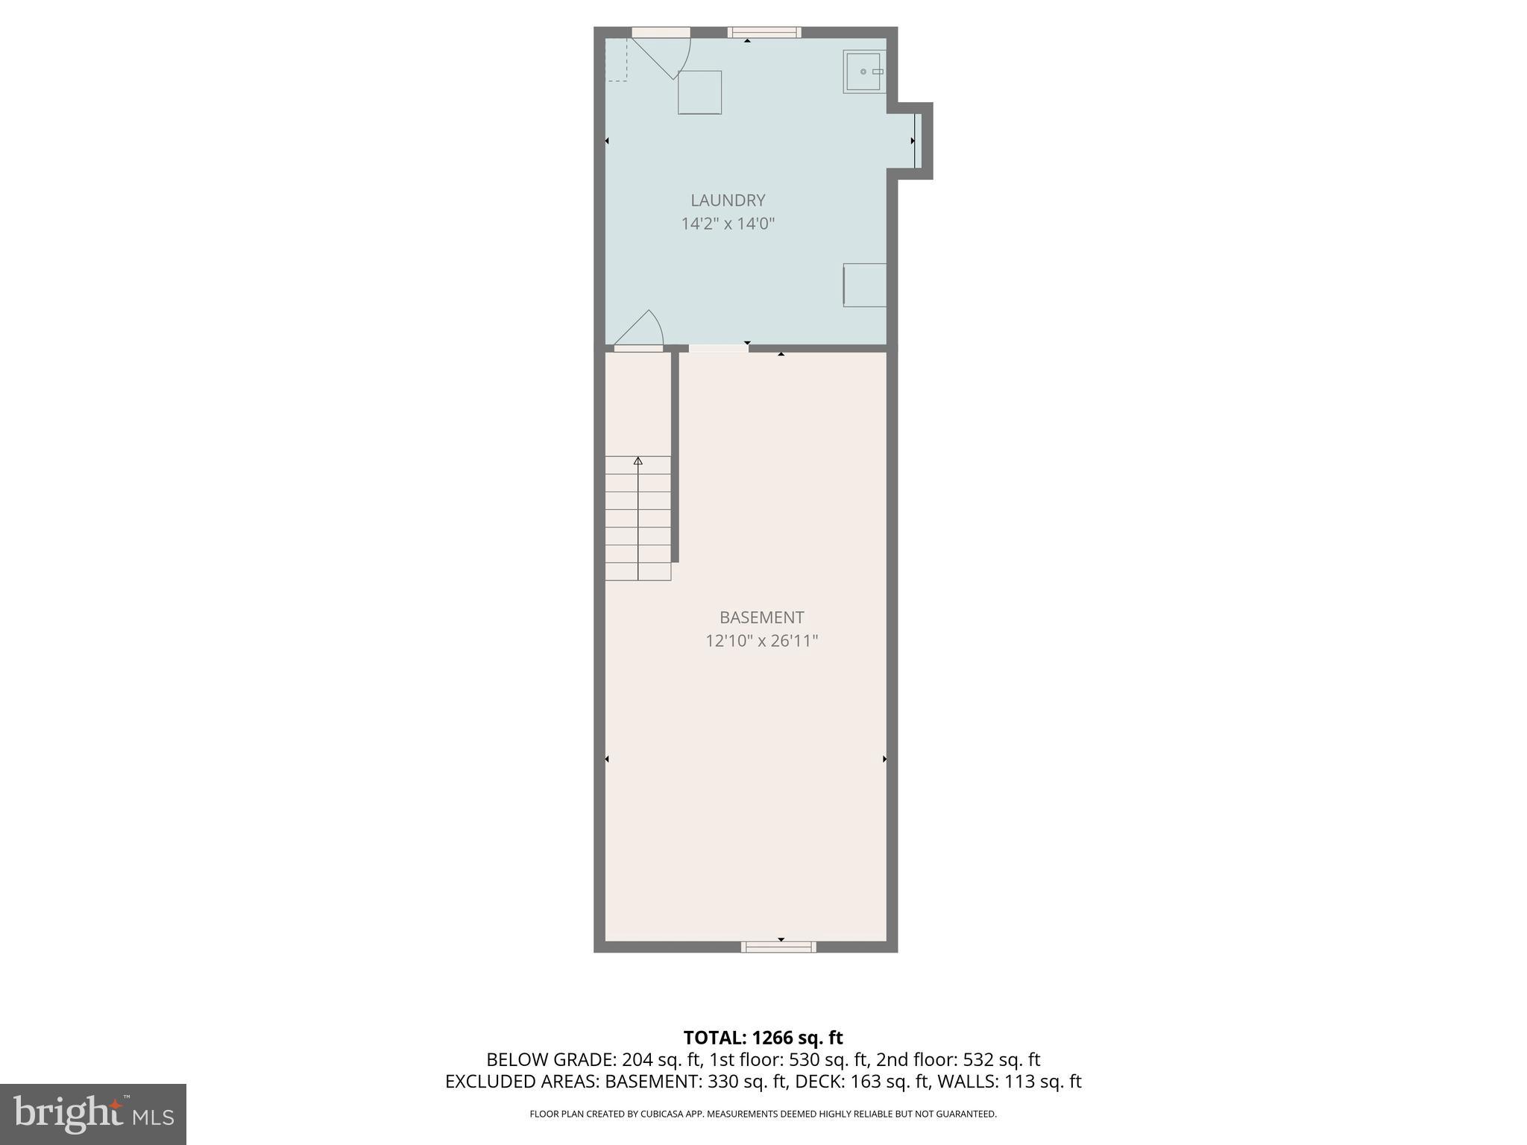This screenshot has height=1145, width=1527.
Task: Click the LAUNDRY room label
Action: pos(728,201)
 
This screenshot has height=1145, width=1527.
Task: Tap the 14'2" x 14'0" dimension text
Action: pos(728,224)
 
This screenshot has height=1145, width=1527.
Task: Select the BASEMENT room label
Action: pos(761,617)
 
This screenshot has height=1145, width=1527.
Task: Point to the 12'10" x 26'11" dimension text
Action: pos(761,641)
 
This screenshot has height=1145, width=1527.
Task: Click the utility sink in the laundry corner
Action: pos(863,72)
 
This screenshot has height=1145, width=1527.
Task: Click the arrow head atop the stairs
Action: pos(637,461)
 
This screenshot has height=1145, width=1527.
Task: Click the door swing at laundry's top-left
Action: pos(666,55)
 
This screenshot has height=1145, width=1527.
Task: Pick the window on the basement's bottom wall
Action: pos(778,947)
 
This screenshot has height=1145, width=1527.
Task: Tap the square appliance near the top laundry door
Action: pos(699,92)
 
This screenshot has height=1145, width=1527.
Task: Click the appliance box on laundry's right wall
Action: pos(865,285)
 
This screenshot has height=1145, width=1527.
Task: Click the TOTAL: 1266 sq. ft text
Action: pos(763,1038)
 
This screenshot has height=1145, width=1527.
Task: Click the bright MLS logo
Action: pos(92,1114)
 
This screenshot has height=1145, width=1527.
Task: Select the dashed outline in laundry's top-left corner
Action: pos(616,60)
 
